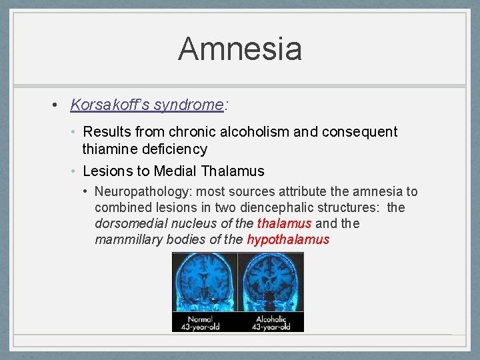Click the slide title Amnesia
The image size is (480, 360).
[240, 49]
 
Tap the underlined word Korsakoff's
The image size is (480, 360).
[110, 105]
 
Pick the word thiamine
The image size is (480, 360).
[111, 149]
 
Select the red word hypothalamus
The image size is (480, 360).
[288, 239]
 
